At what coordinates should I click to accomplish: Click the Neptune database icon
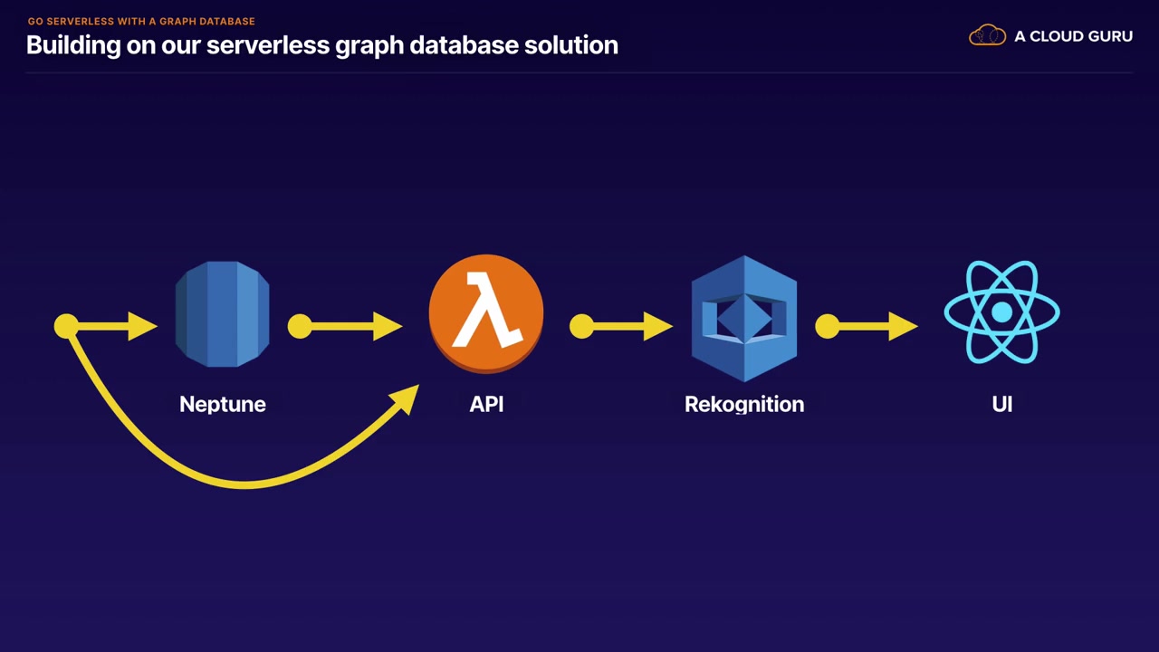click(222, 314)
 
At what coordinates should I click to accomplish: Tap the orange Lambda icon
click(486, 313)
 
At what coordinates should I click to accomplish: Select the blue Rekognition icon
click(744, 318)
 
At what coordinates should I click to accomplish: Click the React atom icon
click(1001, 313)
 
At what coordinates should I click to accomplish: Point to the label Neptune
click(223, 405)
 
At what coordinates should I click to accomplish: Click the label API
click(486, 405)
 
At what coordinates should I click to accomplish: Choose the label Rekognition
click(744, 405)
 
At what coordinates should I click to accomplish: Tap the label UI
click(1001, 405)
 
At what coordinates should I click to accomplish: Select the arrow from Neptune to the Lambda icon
click(349, 326)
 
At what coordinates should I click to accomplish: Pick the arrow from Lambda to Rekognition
click(625, 326)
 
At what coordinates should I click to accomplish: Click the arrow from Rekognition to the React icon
click(869, 326)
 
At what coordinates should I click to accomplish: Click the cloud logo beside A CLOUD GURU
click(987, 36)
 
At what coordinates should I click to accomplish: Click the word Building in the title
click(73, 45)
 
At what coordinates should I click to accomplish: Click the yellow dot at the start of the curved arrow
click(66, 326)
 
